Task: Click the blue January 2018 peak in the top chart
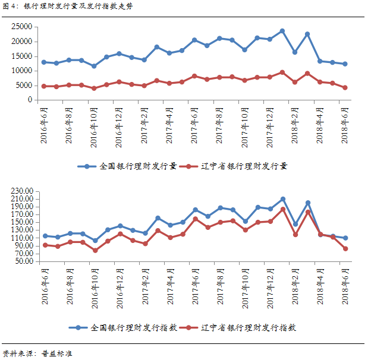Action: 282,31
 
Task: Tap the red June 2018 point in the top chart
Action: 345,87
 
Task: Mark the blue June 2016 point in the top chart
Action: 44,62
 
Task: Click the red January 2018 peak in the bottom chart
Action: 282,209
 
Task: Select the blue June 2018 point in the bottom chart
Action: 345,238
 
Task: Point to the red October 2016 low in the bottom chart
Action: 95,250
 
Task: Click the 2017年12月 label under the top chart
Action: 270,125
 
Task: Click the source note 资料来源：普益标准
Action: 37,353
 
